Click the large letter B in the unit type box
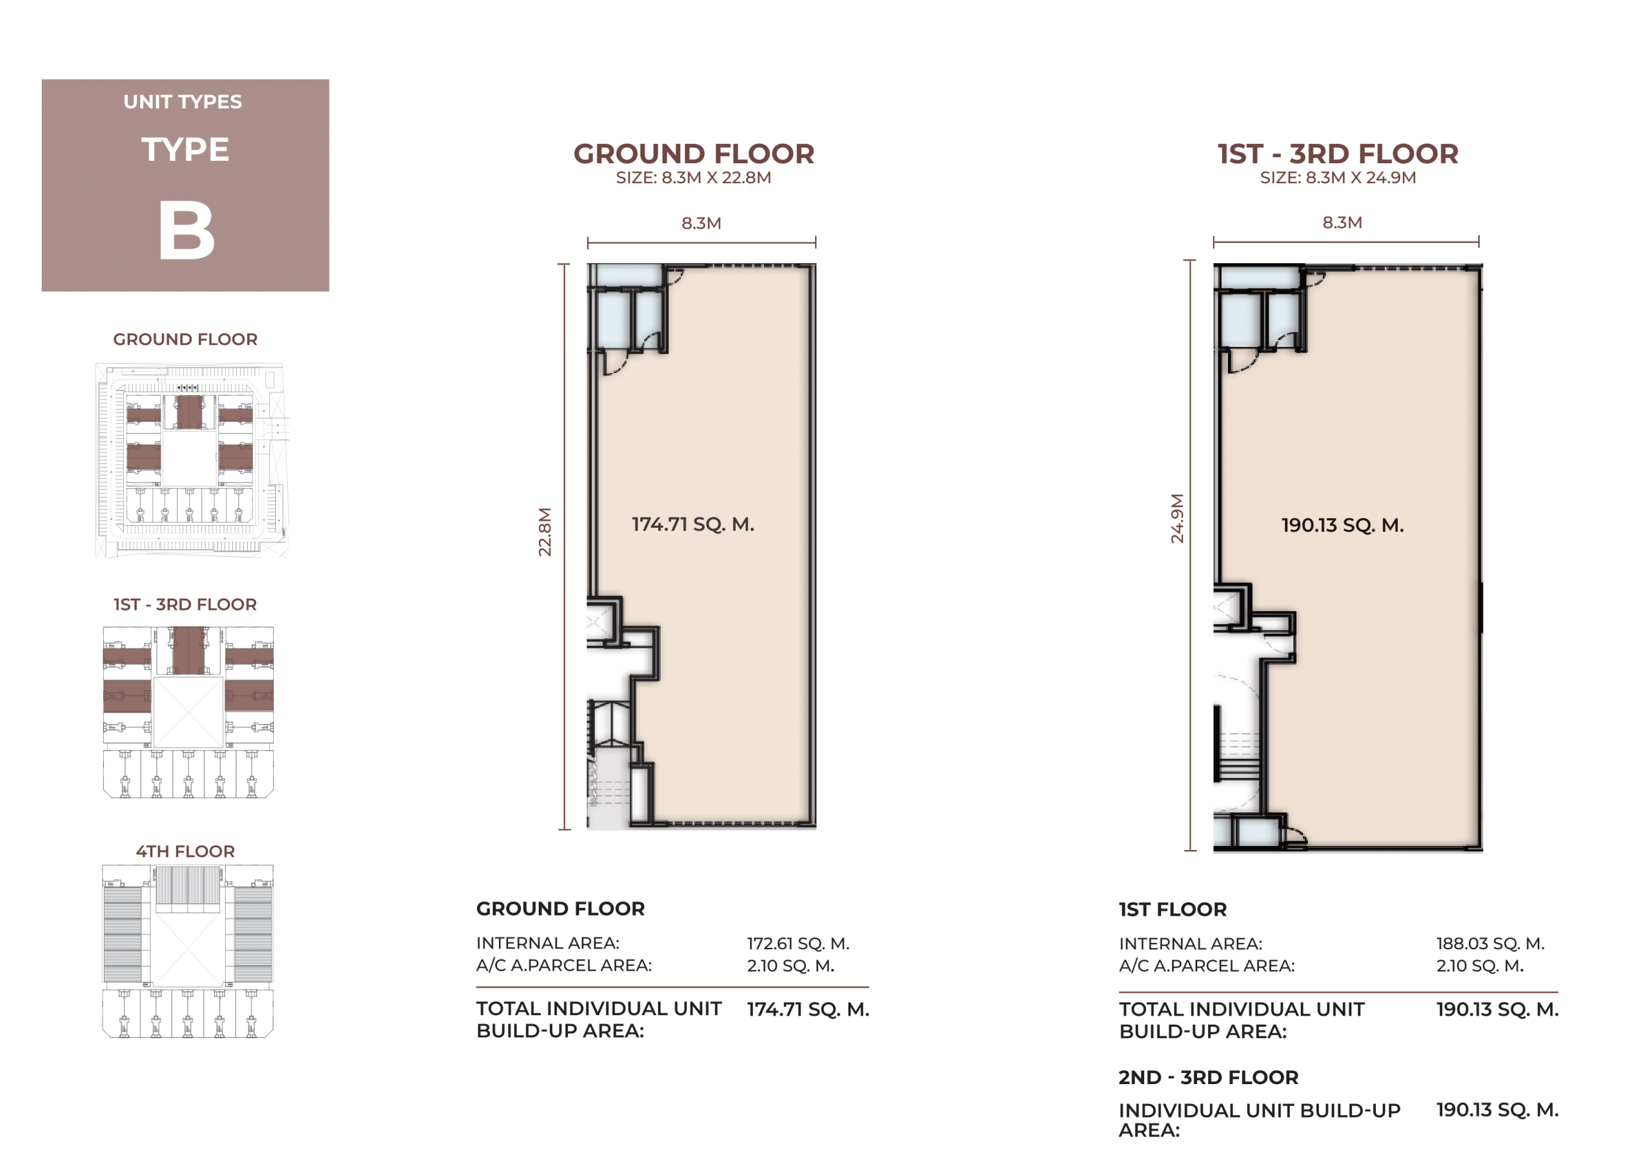point(186,230)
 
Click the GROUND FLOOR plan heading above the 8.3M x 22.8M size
point(694,154)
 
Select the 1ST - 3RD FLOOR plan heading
point(1338,154)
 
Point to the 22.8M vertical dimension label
point(545,532)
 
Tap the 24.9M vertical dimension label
point(1176,518)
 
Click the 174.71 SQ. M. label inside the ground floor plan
point(693,524)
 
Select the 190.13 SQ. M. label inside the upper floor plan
point(1343,525)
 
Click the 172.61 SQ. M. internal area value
point(798,943)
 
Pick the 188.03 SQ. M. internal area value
point(1490,943)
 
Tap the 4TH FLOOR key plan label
point(186,851)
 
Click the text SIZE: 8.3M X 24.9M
point(1338,177)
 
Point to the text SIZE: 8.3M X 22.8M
point(694,177)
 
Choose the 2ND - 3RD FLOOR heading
point(1208,1077)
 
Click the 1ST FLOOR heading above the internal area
point(1173,909)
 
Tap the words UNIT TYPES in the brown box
point(183,101)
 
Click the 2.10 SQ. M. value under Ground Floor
point(791,965)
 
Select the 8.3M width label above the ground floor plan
point(701,223)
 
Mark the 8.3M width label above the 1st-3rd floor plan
point(1343,223)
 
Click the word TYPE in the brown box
point(185,150)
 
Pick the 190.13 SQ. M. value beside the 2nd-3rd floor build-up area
point(1498,1110)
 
